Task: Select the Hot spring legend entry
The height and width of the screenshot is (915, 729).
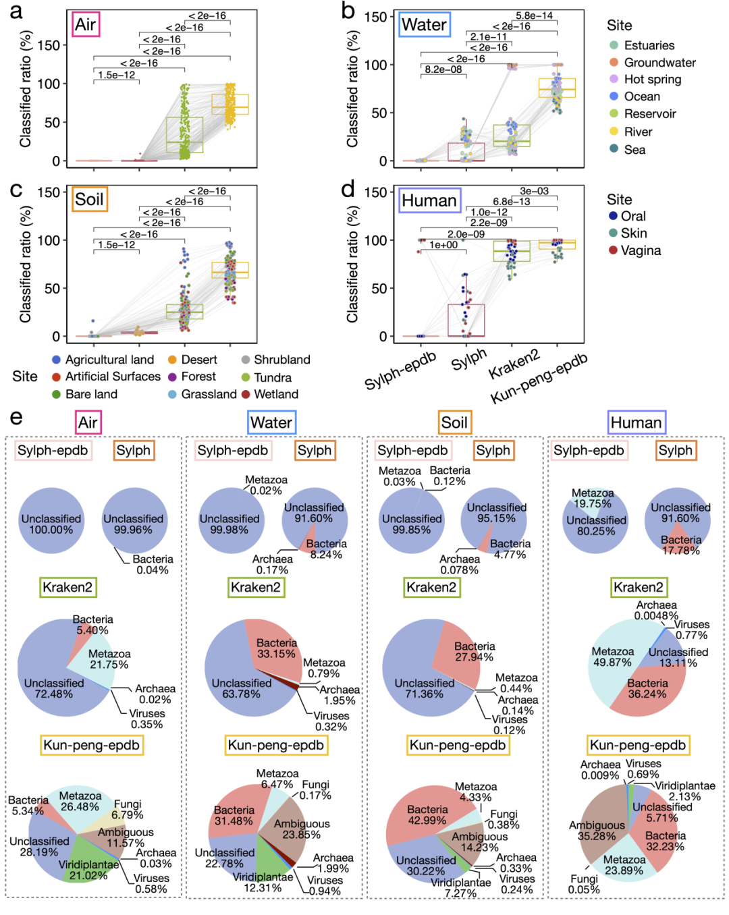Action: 652,80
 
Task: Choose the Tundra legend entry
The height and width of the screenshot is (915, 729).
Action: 272,377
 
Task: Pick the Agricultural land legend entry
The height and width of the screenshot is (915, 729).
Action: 109,360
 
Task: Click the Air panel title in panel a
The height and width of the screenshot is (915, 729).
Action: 86,24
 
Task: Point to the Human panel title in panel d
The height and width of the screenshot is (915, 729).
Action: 429,200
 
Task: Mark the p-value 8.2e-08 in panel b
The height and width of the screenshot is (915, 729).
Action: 443,70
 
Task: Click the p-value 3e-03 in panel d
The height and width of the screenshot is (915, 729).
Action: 534,192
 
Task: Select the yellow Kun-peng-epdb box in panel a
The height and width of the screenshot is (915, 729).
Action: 230,104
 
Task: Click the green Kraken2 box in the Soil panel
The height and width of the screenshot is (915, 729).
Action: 185,311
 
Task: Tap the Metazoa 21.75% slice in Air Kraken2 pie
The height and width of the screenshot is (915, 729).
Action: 101,665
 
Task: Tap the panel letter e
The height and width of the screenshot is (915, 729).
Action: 16,418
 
